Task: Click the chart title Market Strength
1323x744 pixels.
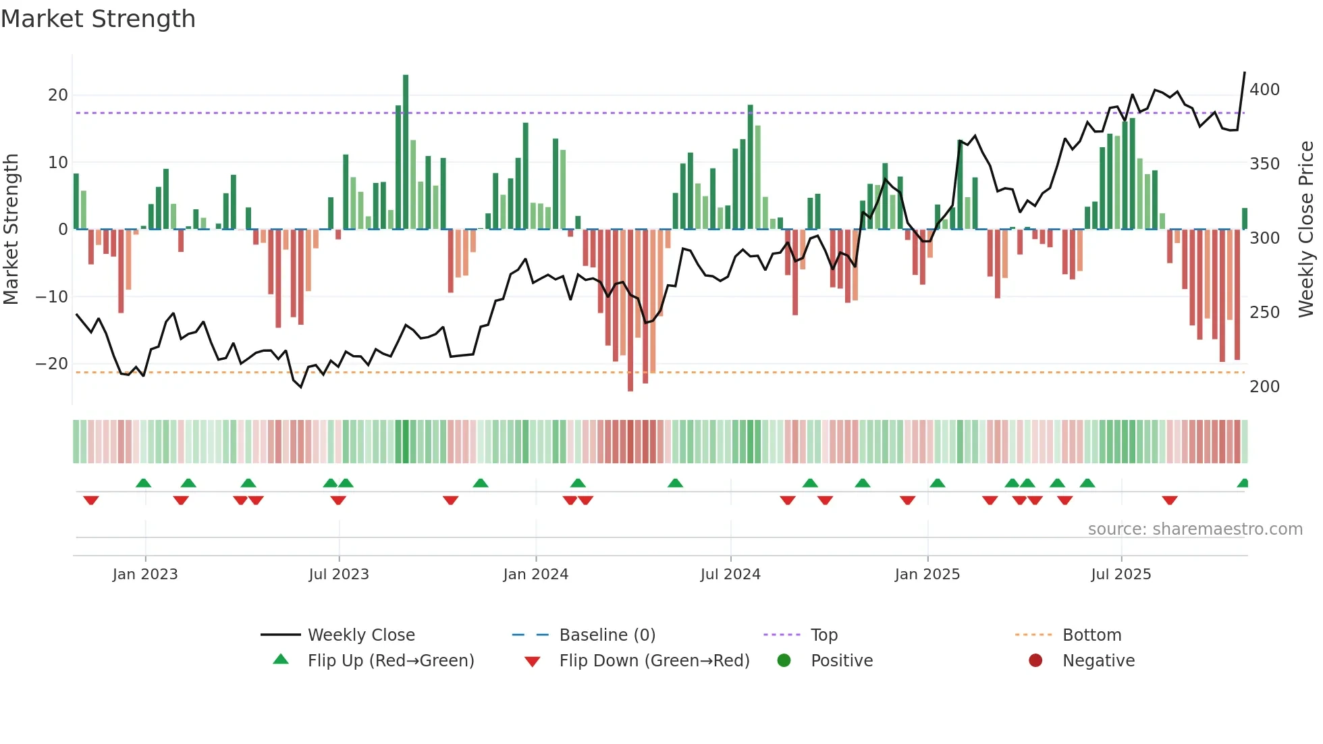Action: click(x=98, y=19)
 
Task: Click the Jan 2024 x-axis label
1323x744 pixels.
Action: click(x=536, y=574)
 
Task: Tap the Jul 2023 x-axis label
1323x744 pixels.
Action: click(x=339, y=574)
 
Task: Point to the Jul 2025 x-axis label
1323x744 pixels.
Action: click(x=1121, y=574)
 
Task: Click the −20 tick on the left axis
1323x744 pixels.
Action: click(x=52, y=363)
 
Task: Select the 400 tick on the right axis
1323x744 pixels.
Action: click(x=1264, y=90)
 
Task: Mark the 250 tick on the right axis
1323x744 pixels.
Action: click(x=1264, y=312)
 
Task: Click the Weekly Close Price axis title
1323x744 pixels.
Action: click(x=1307, y=230)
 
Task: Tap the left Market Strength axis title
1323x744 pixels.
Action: click(x=11, y=230)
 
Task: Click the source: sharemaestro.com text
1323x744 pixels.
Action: click(x=1195, y=529)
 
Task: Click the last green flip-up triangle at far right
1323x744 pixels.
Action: click(x=1243, y=483)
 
